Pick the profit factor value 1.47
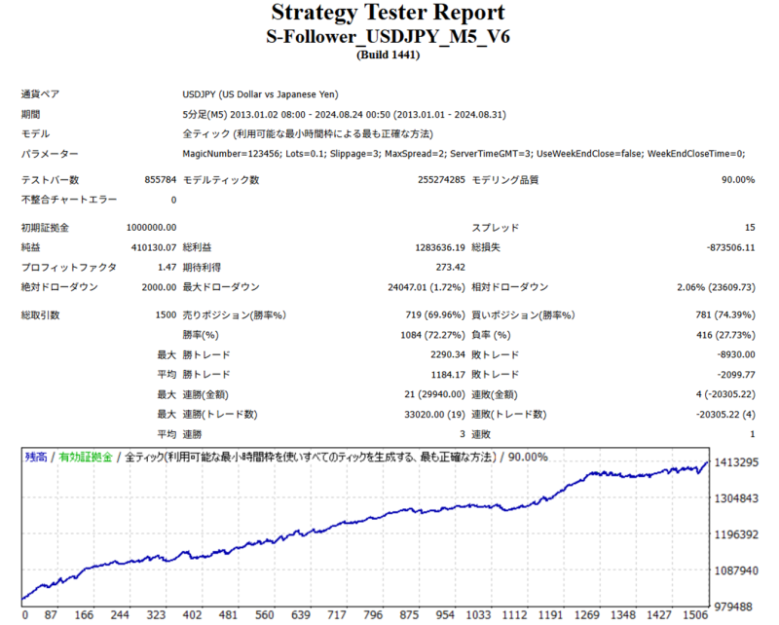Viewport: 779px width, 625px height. coord(167,267)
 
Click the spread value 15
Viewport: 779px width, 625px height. coord(749,227)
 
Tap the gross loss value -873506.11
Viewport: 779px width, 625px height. coord(723,247)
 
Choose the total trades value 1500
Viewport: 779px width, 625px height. coord(165,315)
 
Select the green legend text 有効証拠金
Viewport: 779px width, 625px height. coord(86,457)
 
